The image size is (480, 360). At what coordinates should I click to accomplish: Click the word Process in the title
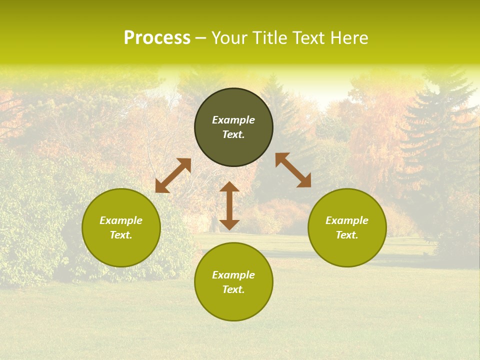(157, 38)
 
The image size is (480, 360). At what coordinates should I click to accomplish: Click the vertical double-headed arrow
(229, 206)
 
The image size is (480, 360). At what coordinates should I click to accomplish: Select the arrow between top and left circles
(173, 175)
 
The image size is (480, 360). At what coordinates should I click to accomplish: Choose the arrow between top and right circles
(293, 170)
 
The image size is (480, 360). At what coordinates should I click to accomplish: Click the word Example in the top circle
(233, 120)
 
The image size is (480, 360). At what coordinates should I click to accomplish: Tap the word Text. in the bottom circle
(233, 289)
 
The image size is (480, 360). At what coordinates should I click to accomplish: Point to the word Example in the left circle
(121, 220)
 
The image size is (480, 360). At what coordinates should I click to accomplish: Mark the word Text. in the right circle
(347, 235)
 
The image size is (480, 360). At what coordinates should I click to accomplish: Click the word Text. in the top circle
(233, 134)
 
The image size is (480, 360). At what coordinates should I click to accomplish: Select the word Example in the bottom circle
(233, 275)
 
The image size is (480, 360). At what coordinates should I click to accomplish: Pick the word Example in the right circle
(347, 220)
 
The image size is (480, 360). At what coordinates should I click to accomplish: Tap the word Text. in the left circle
(121, 235)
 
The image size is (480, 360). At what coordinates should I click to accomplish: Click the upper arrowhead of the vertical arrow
(229, 187)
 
